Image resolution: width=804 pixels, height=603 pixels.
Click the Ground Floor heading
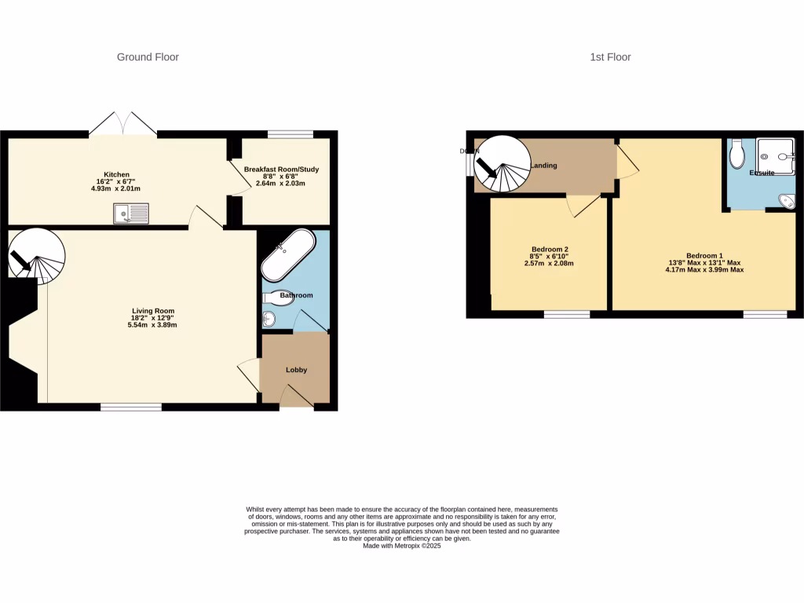(148, 57)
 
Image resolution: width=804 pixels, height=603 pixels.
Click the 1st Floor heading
(610, 57)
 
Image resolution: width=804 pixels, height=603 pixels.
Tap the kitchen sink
(130, 213)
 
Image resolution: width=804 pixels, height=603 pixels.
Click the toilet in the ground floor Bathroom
(277, 298)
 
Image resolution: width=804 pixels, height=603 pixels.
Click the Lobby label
(296, 370)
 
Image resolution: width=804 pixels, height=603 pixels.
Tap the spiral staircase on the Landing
(502, 165)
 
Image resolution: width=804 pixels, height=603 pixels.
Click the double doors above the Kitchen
(122, 124)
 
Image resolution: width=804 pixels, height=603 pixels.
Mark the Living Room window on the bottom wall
(131, 407)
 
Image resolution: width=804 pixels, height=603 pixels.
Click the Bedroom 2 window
(567, 314)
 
